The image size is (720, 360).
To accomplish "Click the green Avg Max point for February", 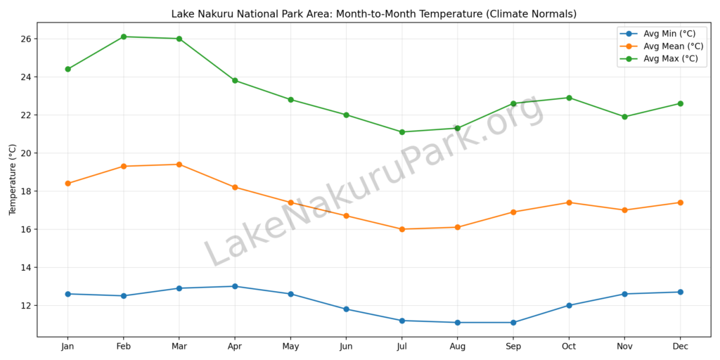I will pos(124,37).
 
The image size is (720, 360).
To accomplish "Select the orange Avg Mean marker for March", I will pos(179,165).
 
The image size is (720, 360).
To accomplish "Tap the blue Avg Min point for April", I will pos(235,286).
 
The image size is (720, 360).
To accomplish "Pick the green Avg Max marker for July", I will pos(402,132).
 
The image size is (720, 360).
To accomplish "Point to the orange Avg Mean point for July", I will pos(402,229).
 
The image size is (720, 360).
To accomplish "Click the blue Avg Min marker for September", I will pos(513,323).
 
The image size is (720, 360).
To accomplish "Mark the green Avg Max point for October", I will pos(569,98).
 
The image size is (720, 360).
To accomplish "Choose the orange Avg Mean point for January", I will pos(68,184).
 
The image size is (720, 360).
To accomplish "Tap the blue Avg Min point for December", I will pos(680,292).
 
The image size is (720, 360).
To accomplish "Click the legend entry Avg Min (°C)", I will pos(670,34).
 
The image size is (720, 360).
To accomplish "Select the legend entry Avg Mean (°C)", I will pos(673,46).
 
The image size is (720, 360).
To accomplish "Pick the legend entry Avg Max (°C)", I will pos(671,59).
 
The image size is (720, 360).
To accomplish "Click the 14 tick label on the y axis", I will pos(27,268).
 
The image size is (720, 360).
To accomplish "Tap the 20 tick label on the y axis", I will pos(27,153).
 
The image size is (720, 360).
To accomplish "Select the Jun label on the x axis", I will pos(346,347).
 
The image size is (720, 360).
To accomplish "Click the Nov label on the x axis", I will pos(624,347).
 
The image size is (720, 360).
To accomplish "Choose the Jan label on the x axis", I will pos(68,347).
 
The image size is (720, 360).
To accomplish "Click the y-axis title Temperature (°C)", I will pos(13,179).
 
